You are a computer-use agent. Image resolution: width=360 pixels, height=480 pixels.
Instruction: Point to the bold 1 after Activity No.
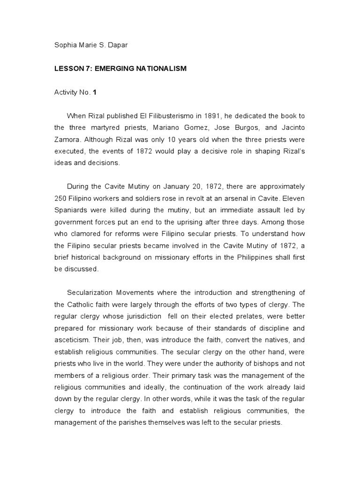95,92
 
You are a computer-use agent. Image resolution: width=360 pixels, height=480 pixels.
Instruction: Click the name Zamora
69,140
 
